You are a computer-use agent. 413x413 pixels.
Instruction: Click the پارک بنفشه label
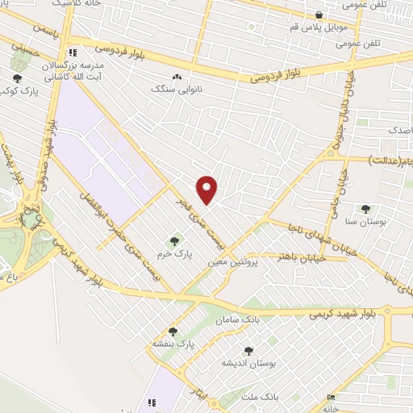pyautogui.click(x=174, y=344)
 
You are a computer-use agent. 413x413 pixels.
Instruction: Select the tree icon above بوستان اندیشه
pyautogui.click(x=248, y=351)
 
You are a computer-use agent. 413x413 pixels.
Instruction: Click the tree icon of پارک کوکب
pyautogui.click(x=18, y=78)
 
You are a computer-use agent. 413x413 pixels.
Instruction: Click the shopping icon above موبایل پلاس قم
pyautogui.click(x=320, y=15)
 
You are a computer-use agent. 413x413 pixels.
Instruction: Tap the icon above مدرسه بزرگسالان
pyautogui.click(x=73, y=49)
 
